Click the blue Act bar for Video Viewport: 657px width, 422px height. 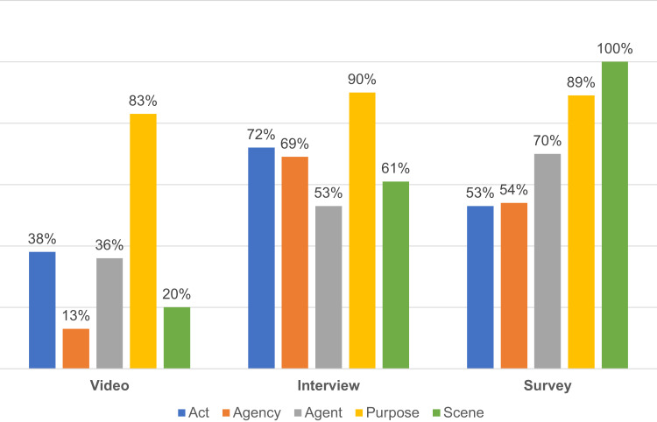pyautogui.click(x=42, y=310)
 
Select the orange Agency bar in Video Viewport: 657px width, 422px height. pyautogui.click(x=76, y=348)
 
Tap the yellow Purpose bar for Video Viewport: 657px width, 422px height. pyautogui.click(x=143, y=241)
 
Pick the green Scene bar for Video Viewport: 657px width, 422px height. pyautogui.click(x=177, y=338)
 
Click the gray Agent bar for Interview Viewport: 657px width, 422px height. pyautogui.click(x=328, y=287)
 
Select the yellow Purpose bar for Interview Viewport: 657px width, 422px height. pyautogui.click(x=362, y=230)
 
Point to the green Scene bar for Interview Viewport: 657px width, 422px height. pyautogui.click(x=396, y=275)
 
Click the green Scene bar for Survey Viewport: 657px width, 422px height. pyautogui.click(x=615, y=215)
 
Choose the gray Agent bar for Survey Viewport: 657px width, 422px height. pyautogui.click(x=547, y=261)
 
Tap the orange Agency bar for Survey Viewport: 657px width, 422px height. pyautogui.click(x=513, y=286)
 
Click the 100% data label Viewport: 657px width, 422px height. pyautogui.click(x=615, y=48)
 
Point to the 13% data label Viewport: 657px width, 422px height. pyautogui.click(x=76, y=315)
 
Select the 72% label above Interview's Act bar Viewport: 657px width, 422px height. pyautogui.click(x=261, y=134)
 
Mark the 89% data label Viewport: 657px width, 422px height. pyautogui.click(x=581, y=82)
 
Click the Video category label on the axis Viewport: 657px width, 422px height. pyautogui.click(x=109, y=385)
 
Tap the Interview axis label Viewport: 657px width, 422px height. pyautogui.click(x=328, y=385)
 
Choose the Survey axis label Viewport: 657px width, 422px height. pyautogui.click(x=547, y=385)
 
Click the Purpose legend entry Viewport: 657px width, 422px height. pyautogui.click(x=387, y=412)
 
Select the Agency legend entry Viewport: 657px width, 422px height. pyautogui.click(x=251, y=412)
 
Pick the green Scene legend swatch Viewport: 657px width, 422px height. pyautogui.click(x=436, y=413)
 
